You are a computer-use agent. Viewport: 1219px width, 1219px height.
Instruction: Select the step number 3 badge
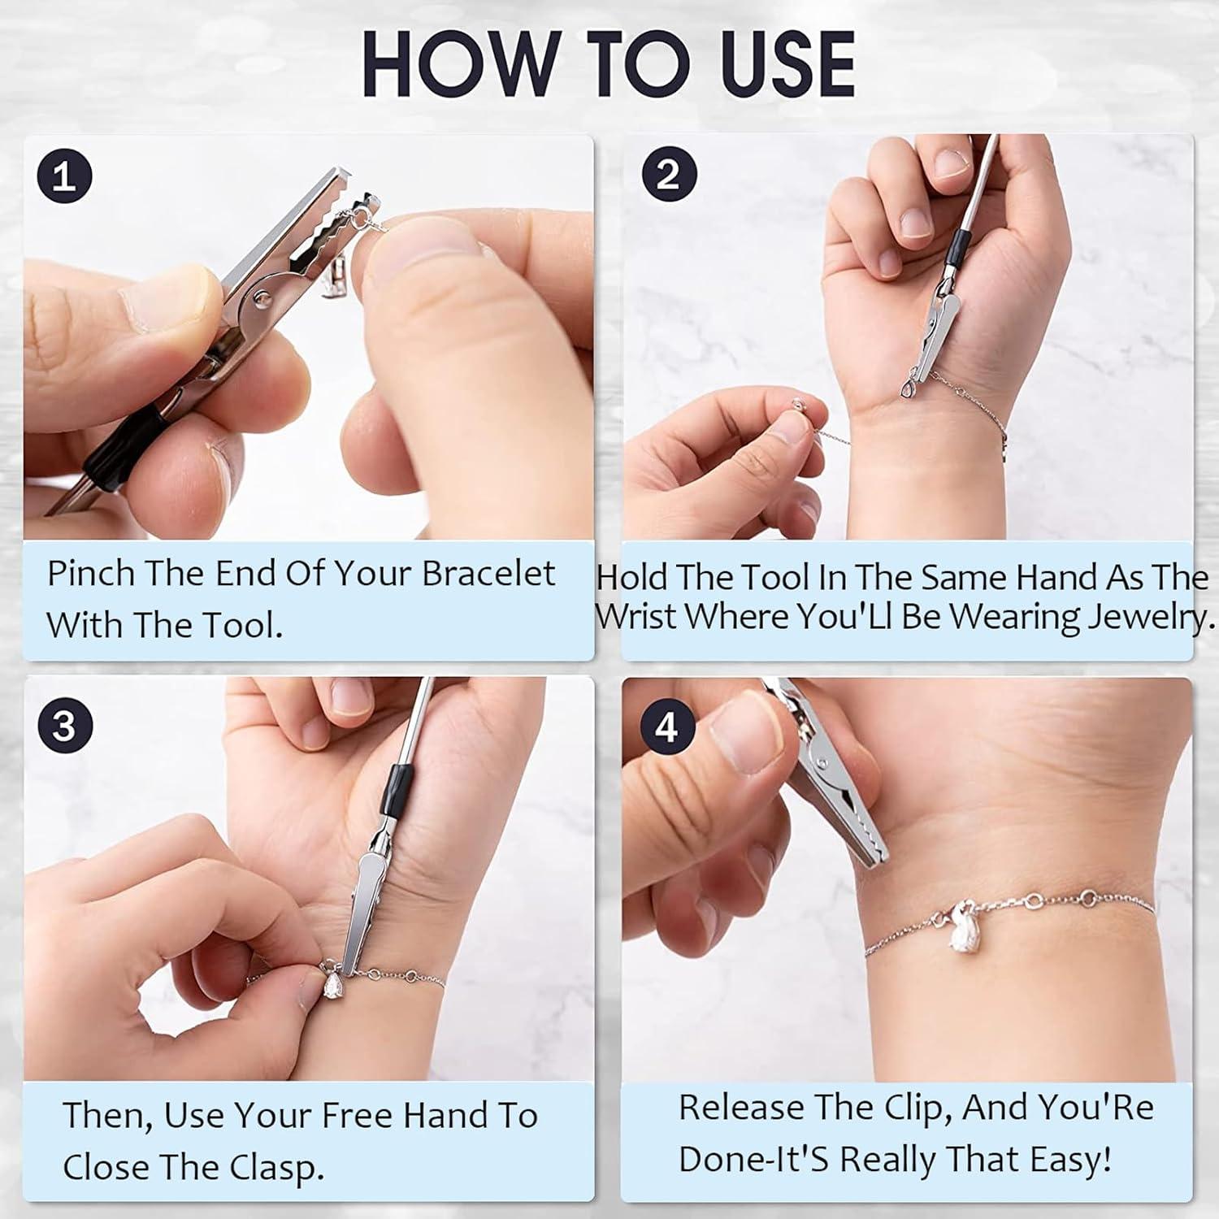pos(64,726)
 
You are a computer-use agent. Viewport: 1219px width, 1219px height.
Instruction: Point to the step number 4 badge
pos(666,726)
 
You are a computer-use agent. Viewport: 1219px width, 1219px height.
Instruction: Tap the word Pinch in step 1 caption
pos(90,574)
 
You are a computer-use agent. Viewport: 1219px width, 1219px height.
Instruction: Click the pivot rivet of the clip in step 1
pos(262,299)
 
